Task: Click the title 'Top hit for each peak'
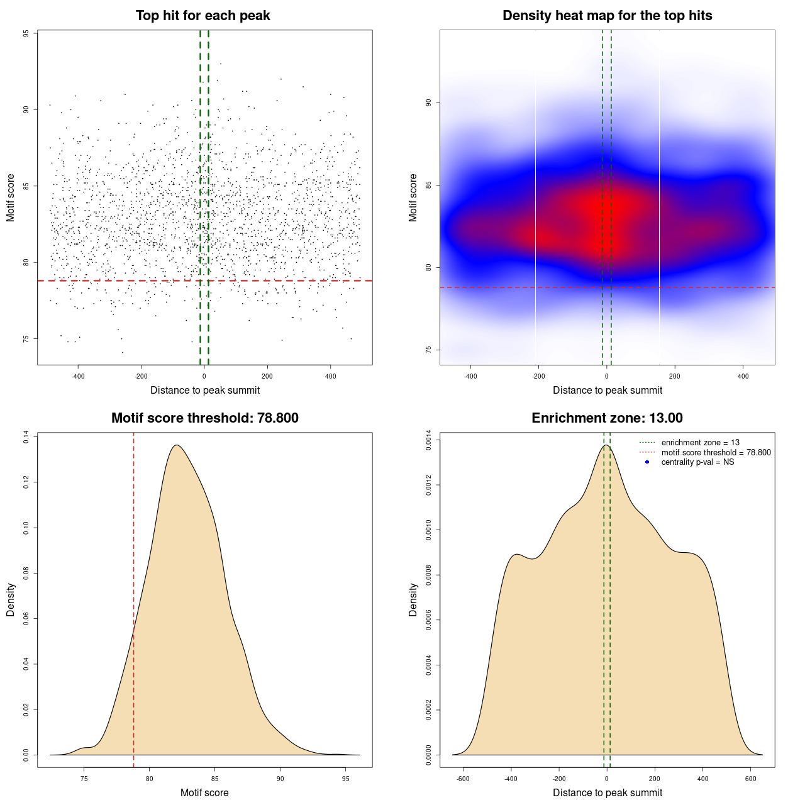coord(203,16)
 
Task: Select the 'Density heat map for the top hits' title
coord(607,16)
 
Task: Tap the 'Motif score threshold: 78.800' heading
coord(204,418)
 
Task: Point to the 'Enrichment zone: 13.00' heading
coord(607,418)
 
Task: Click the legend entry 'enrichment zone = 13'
coord(700,443)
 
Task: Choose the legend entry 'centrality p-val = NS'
coord(697,462)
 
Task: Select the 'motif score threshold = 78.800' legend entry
coord(716,453)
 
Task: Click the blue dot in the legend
coord(647,462)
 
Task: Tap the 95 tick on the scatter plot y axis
coord(26,33)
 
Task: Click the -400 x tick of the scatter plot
coord(78,377)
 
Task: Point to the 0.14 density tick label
coord(26,437)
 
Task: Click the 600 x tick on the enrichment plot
coord(750,779)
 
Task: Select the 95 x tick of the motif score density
coord(345,779)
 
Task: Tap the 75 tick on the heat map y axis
coord(429,350)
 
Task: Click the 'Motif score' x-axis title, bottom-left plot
coord(204,793)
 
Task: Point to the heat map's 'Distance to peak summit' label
coord(608,391)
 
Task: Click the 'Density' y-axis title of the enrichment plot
coord(413,599)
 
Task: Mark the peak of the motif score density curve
coord(177,445)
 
